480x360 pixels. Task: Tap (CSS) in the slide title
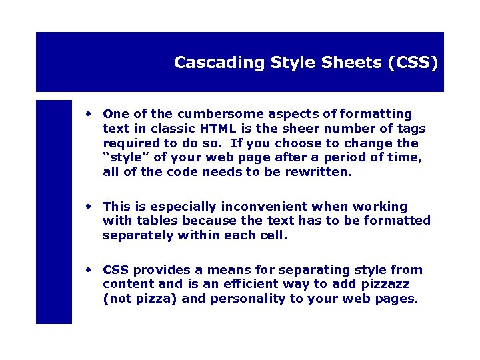click(417, 63)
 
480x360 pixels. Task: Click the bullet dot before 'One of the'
click(88, 113)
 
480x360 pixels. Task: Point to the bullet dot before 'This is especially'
click(88, 206)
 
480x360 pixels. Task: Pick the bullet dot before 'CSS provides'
click(88, 269)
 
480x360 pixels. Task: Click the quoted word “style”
click(123, 157)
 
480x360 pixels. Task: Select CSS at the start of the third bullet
click(116, 270)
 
